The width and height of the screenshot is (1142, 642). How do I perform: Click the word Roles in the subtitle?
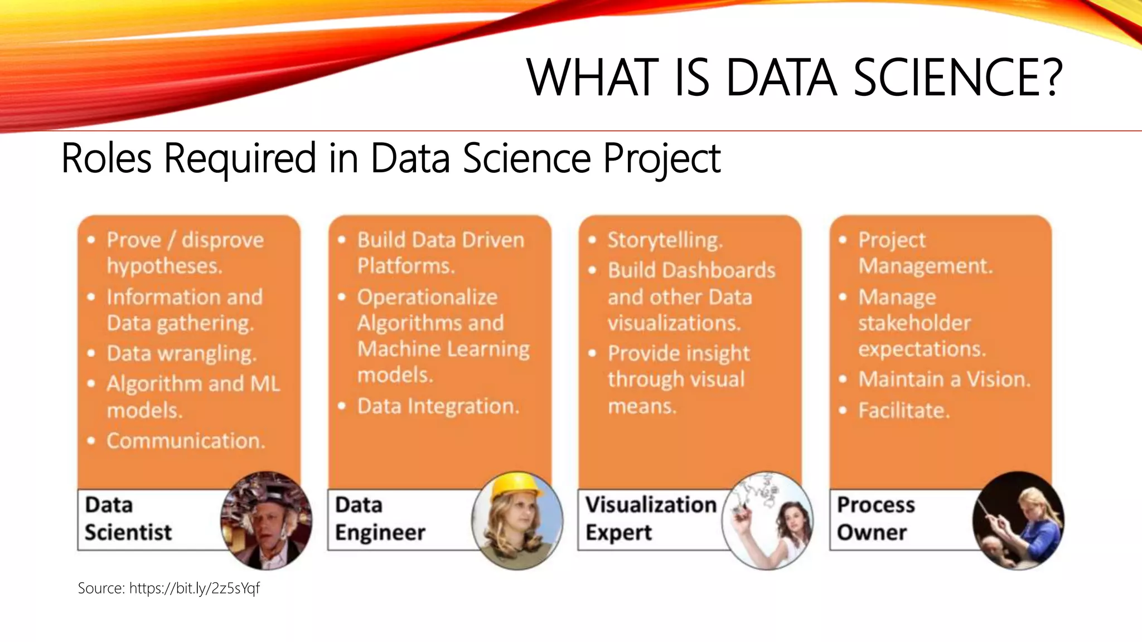click(106, 158)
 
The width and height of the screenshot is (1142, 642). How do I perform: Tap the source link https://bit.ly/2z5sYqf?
click(194, 588)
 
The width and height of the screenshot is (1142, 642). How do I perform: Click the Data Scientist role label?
click(128, 519)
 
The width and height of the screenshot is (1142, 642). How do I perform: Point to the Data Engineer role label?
click(380, 519)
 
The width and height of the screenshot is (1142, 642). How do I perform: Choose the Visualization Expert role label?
click(650, 519)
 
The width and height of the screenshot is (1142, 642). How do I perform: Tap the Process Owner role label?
click(875, 519)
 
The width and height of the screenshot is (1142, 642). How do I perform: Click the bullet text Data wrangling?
click(181, 353)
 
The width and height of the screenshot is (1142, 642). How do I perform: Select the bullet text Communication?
click(185, 441)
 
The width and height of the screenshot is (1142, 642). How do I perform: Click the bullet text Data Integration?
click(438, 406)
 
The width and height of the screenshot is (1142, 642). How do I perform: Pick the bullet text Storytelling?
click(665, 240)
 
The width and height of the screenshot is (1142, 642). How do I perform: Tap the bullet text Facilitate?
click(903, 411)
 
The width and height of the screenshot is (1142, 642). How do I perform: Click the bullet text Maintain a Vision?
click(944, 380)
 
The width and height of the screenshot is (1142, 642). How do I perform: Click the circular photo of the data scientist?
click(266, 521)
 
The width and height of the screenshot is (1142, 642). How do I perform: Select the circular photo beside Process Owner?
click(1018, 521)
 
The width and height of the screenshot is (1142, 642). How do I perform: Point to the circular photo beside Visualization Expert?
click(767, 521)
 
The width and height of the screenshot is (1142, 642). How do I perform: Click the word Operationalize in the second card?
click(427, 297)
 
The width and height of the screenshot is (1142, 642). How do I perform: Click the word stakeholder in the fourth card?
click(914, 323)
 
